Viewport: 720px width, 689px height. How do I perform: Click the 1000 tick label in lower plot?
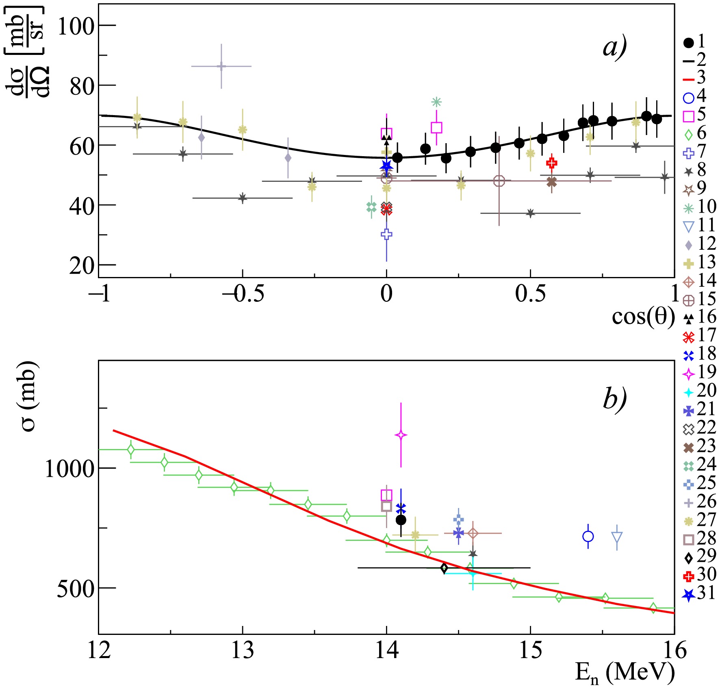point(69,469)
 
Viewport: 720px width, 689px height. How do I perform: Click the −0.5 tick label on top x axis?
point(243,294)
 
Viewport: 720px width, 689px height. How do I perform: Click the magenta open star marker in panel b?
point(401,435)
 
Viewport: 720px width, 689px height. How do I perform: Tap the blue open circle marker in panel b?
point(588,536)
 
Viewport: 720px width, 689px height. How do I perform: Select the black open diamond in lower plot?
point(444,568)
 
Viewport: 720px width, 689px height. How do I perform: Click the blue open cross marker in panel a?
point(386,234)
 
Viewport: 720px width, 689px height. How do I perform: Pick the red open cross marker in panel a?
point(551,163)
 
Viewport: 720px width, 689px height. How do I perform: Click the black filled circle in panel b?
point(401,520)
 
